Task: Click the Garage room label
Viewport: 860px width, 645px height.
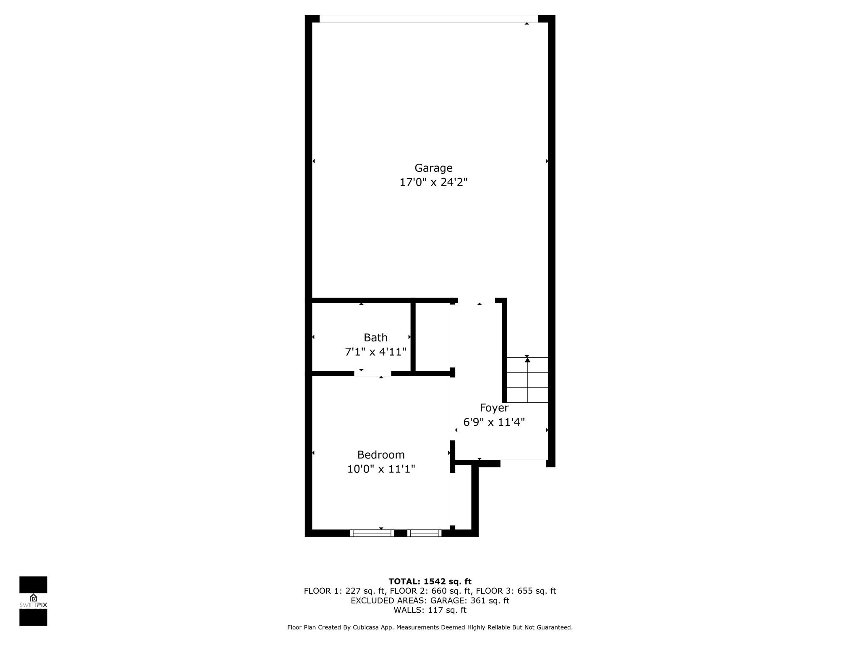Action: coord(433,168)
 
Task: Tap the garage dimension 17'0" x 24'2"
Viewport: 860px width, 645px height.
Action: coord(433,182)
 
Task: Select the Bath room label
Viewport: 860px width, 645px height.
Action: coord(375,338)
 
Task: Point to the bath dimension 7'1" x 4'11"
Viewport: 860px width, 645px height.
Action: coord(375,352)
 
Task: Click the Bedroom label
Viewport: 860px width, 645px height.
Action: coord(381,455)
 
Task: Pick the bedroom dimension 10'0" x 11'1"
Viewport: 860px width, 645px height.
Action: coord(381,469)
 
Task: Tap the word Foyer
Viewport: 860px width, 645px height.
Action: coord(494,408)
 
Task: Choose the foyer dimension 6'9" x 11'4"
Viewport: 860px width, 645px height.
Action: coord(494,422)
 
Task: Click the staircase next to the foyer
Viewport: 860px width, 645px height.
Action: coord(527,380)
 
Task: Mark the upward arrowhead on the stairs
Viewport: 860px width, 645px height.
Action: coord(527,359)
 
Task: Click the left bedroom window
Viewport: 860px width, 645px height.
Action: coord(372,533)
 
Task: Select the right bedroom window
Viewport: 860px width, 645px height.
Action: coord(425,533)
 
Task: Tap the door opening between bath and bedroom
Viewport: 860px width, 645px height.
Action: coord(372,374)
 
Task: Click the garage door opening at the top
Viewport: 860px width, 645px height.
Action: coord(429,19)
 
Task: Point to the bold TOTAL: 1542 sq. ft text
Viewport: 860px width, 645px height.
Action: coord(430,582)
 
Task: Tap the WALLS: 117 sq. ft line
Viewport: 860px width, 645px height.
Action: coord(430,610)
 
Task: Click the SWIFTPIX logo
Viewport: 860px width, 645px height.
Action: coord(33,601)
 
